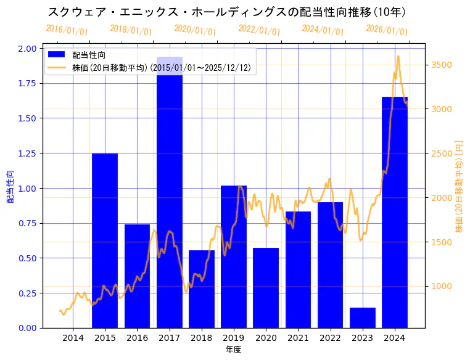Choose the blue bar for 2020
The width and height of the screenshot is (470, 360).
(x=266, y=287)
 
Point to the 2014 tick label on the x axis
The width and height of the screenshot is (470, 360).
(x=73, y=338)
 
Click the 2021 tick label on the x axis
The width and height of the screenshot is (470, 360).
(x=298, y=338)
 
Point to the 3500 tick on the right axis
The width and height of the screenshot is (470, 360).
(x=441, y=65)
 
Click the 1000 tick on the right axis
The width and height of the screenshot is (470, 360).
(x=441, y=286)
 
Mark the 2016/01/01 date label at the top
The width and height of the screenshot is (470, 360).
(x=67, y=30)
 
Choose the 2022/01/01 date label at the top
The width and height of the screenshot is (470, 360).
(x=259, y=30)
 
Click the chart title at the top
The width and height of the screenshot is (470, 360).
(x=226, y=12)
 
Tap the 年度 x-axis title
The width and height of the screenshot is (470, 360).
(x=233, y=350)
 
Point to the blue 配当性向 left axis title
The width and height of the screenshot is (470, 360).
(x=10, y=187)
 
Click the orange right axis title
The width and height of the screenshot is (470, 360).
(x=458, y=187)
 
